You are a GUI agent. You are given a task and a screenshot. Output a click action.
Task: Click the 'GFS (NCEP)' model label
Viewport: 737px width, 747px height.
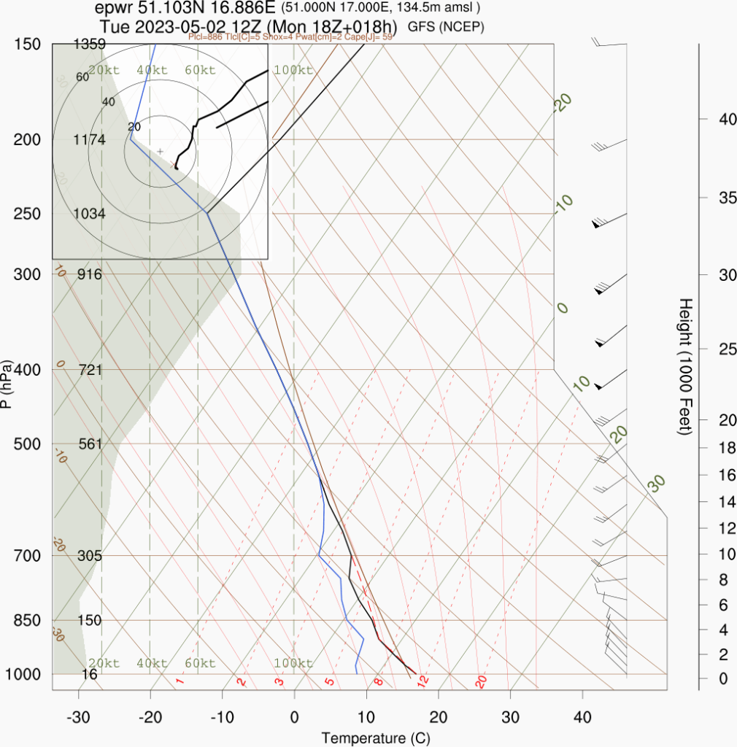point(446,26)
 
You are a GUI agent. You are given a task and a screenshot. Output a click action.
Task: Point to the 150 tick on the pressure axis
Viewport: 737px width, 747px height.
point(27,44)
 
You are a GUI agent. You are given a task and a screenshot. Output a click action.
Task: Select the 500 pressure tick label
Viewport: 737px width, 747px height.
point(27,444)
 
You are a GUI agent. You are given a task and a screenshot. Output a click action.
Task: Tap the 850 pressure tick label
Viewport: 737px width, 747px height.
point(27,620)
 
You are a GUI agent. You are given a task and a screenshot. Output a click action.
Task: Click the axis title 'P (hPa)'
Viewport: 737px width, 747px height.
point(7,383)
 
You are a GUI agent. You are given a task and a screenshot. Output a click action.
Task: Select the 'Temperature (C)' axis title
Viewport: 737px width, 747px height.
point(376,738)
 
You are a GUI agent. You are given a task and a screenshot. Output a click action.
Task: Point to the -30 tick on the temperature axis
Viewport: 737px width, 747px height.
point(77,716)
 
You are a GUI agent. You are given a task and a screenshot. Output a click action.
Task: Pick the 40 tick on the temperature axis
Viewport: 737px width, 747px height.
point(582,716)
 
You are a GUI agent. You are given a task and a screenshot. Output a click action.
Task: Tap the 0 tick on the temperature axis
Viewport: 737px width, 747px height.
point(294,716)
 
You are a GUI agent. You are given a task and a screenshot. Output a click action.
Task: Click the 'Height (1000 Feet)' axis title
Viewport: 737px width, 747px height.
point(685,366)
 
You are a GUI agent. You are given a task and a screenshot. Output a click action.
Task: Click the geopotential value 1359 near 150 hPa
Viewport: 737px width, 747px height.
point(90,44)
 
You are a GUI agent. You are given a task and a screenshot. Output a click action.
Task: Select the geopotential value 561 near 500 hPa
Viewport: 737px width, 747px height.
point(90,444)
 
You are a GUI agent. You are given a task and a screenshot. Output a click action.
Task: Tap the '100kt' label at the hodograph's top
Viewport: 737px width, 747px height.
point(293,71)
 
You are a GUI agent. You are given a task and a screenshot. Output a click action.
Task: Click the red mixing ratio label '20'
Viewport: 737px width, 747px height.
point(481,682)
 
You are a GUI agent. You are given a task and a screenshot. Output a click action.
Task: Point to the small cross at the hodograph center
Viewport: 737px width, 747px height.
point(161,151)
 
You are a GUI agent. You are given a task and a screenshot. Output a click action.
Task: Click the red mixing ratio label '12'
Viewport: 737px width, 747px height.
point(422,681)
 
